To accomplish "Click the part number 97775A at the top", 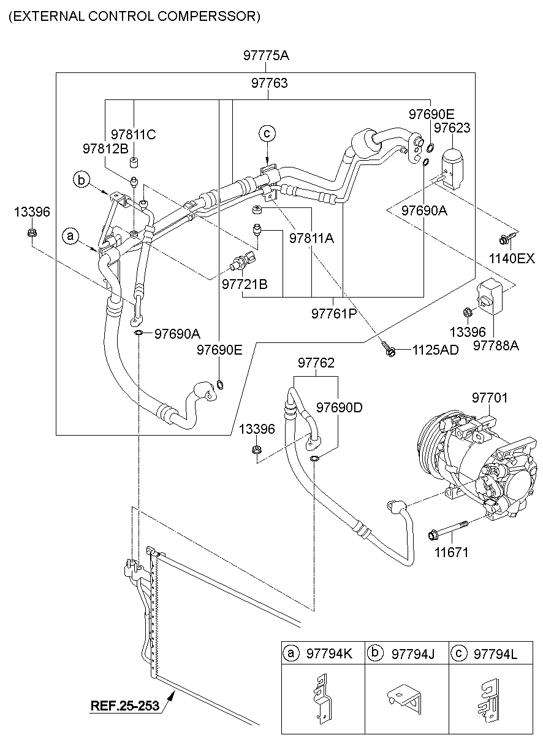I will [266, 56].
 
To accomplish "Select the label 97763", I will [269, 83].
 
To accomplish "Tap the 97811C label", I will [134, 134].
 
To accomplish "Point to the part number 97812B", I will [105, 148].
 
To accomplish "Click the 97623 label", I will [452, 128].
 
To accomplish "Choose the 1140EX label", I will [512, 259].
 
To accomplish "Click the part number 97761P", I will [333, 314].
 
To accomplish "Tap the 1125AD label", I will [435, 350].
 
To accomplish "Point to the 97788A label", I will [496, 345].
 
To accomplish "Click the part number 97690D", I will [339, 407].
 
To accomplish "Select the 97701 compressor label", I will [490, 398].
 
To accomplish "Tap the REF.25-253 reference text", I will [125, 706].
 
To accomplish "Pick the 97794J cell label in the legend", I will [412, 655].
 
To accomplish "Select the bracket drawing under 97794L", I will [490, 699].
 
